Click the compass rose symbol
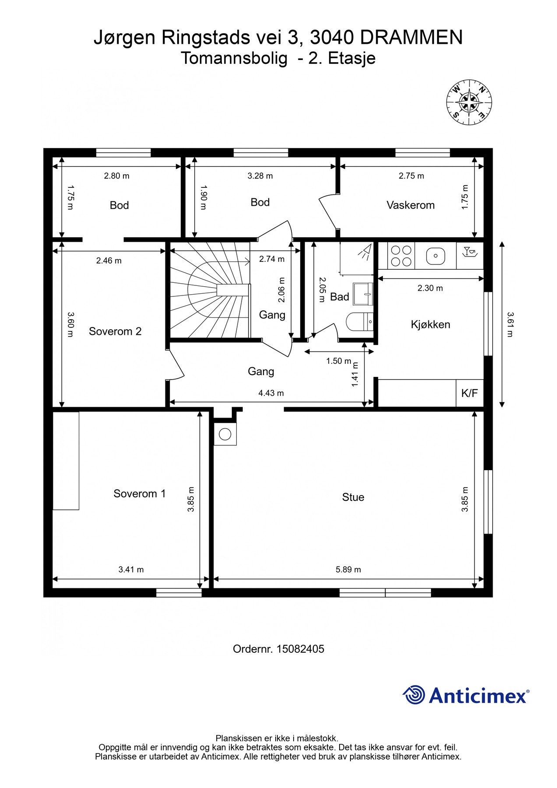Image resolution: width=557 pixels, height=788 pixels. (469, 102)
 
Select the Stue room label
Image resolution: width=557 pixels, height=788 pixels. (353, 497)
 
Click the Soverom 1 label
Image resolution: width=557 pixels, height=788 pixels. (140, 494)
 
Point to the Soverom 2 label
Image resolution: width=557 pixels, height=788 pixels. (115, 331)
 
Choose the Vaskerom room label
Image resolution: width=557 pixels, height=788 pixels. (410, 205)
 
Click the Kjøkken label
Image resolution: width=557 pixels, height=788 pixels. (431, 324)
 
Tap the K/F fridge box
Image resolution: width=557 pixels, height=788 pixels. (469, 393)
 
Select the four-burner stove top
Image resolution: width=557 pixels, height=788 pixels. (401, 256)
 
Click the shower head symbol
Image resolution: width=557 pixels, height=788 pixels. (364, 251)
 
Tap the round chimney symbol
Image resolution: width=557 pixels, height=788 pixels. (225, 434)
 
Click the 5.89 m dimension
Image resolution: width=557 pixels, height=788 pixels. (348, 570)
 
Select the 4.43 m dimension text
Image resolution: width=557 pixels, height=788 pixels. (271, 393)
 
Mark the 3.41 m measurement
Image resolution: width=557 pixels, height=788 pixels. (131, 570)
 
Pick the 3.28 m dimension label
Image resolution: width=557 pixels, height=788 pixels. (260, 176)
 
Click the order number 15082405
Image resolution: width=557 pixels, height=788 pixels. (300, 649)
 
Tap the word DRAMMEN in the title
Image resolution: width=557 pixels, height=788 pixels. (411, 38)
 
